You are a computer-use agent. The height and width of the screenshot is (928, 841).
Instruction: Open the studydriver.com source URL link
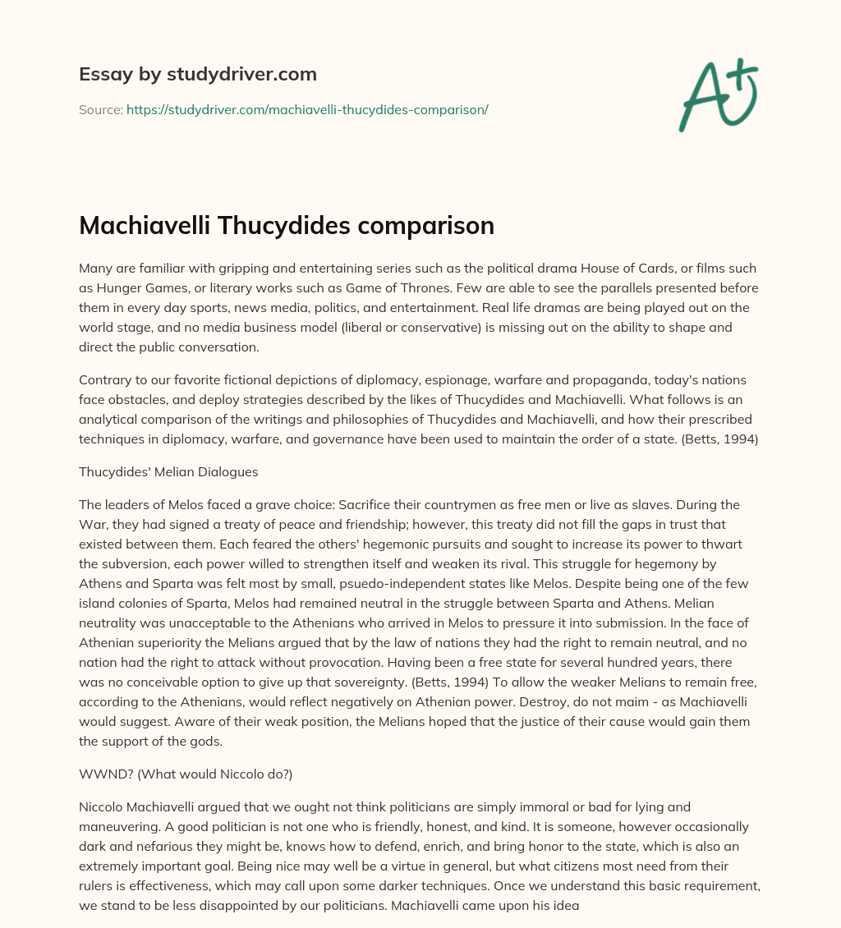click(307, 109)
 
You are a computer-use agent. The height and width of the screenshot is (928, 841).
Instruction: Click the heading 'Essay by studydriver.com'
click(198, 74)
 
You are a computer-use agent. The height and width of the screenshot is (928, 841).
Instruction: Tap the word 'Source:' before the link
click(100, 109)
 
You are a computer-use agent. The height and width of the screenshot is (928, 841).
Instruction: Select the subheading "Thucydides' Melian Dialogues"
click(168, 471)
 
